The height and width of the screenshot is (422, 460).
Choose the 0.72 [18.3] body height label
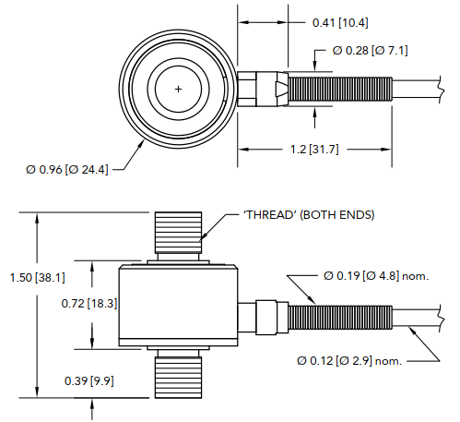click(88, 303)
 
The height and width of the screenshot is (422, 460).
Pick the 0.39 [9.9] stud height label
click(89, 380)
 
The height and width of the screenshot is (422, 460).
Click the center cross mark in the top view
click(178, 89)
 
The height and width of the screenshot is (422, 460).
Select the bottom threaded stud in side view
click(178, 374)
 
